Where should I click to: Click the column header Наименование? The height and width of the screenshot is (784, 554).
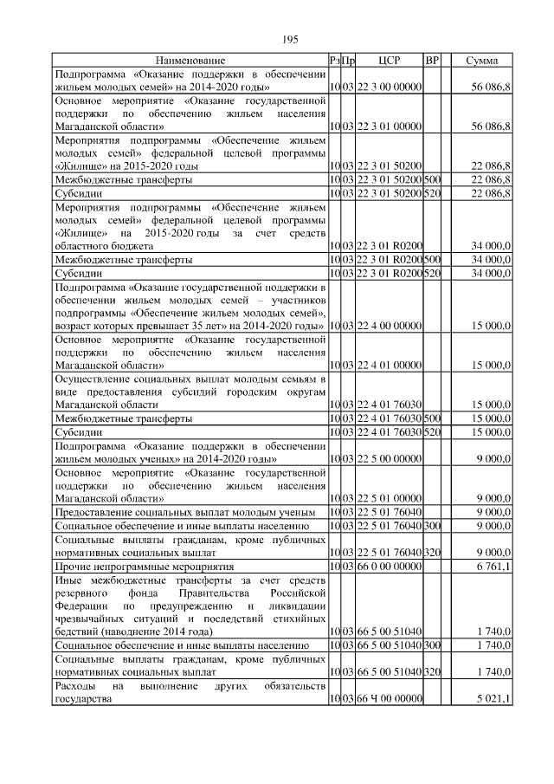[x=190, y=61]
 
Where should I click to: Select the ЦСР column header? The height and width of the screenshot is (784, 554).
[x=389, y=61]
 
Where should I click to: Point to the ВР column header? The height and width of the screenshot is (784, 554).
[x=433, y=61]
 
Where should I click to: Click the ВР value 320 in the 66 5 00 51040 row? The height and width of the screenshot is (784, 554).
[x=433, y=672]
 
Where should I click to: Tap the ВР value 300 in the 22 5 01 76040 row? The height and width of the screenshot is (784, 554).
[x=433, y=525]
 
